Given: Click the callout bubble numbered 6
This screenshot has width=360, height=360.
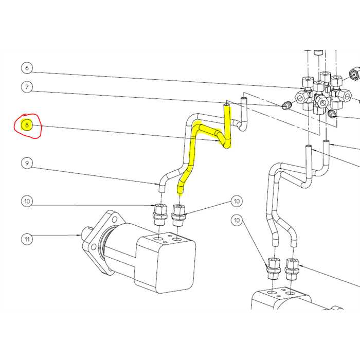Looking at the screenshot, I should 27,67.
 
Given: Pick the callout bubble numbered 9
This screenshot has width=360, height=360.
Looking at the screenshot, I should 27,164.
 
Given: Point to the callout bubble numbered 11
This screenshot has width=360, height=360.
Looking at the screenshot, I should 27,239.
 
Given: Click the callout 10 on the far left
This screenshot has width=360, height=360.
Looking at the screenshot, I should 27,201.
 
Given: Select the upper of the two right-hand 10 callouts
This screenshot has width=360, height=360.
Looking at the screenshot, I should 237,201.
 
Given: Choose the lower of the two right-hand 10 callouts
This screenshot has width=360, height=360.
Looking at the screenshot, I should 237,221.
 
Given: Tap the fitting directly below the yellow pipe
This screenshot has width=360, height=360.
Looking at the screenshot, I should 178,215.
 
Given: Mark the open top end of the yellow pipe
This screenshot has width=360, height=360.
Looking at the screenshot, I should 226,106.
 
